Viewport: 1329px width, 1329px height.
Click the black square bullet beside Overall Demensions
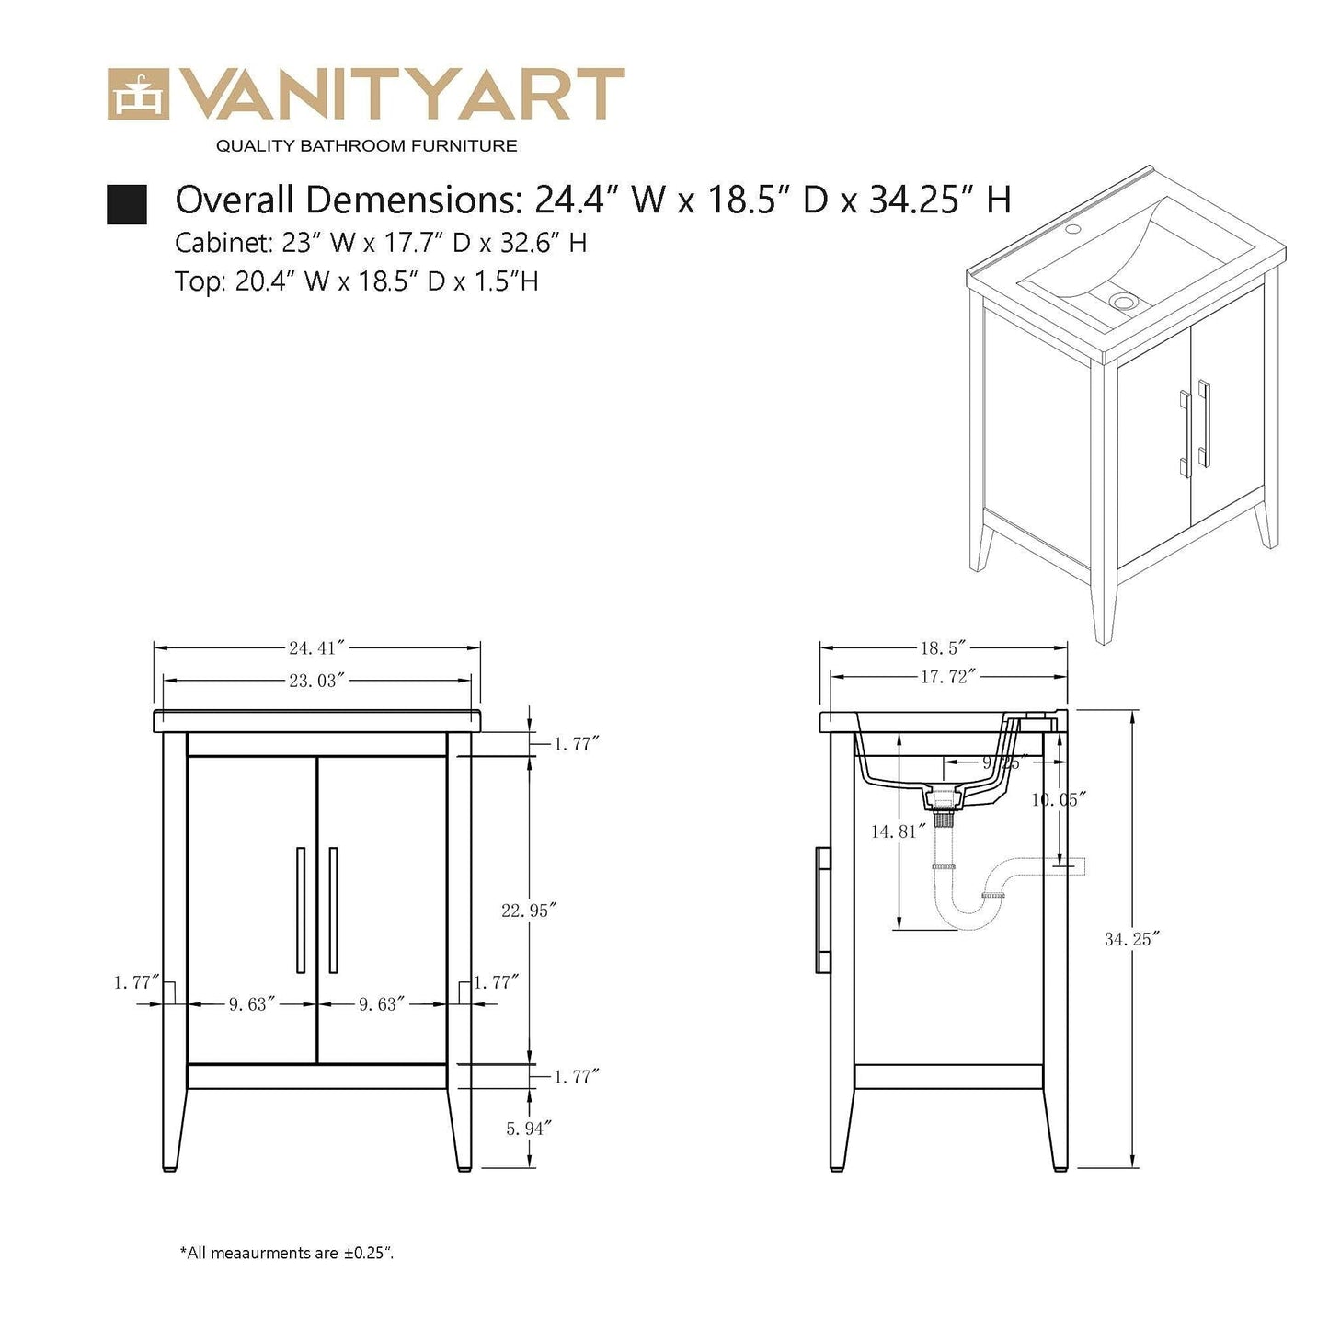pyautogui.click(x=127, y=204)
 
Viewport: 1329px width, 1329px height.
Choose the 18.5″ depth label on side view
pyautogui.click(x=943, y=648)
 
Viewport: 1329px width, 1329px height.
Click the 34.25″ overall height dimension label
pyautogui.click(x=1132, y=939)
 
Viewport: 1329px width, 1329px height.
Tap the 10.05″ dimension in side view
pyautogui.click(x=1059, y=800)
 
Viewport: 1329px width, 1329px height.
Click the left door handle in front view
pyautogui.click(x=301, y=910)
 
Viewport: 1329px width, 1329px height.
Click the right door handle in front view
pyautogui.click(x=333, y=910)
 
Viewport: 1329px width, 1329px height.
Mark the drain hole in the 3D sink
pyautogui.click(x=1123, y=301)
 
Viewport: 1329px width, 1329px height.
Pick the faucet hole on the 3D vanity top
pyautogui.click(x=1071, y=228)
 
